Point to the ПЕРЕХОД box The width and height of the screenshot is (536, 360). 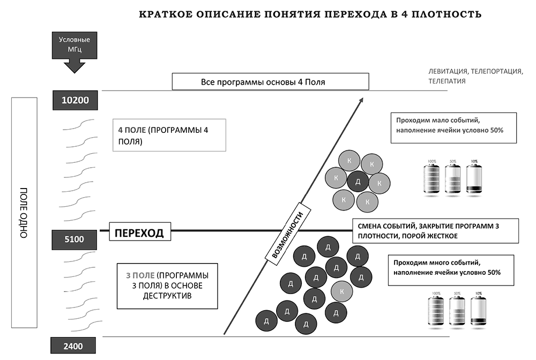(140, 234)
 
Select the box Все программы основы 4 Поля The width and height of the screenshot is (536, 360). (271, 82)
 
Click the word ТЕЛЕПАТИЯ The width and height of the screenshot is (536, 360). (447, 81)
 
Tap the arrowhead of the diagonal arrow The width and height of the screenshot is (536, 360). (362, 100)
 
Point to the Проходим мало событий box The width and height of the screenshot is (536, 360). (453, 127)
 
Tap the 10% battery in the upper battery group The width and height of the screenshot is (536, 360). (474, 178)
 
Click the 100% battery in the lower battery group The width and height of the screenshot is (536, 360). (436, 311)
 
